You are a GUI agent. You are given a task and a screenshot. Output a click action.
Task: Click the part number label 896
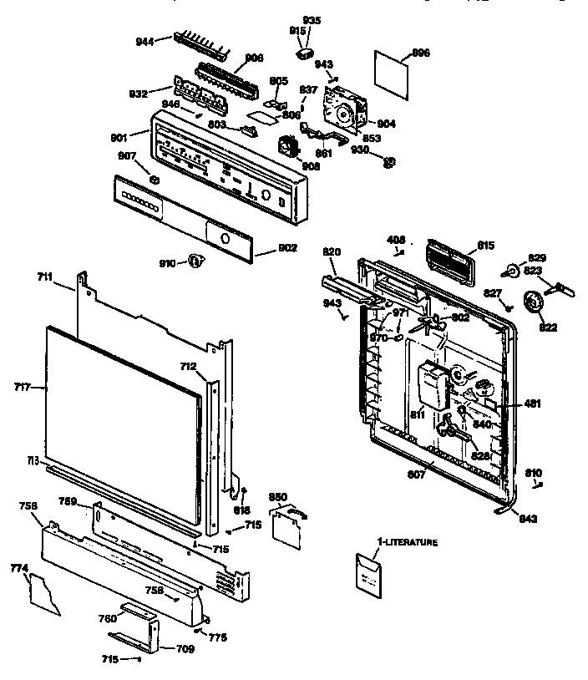click(x=421, y=53)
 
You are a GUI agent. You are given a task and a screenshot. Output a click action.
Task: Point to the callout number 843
click(x=527, y=519)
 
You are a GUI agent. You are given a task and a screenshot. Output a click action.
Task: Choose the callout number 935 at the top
click(x=311, y=19)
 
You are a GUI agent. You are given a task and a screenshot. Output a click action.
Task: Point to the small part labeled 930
click(x=388, y=160)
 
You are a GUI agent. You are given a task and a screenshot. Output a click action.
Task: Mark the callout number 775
click(x=219, y=638)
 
